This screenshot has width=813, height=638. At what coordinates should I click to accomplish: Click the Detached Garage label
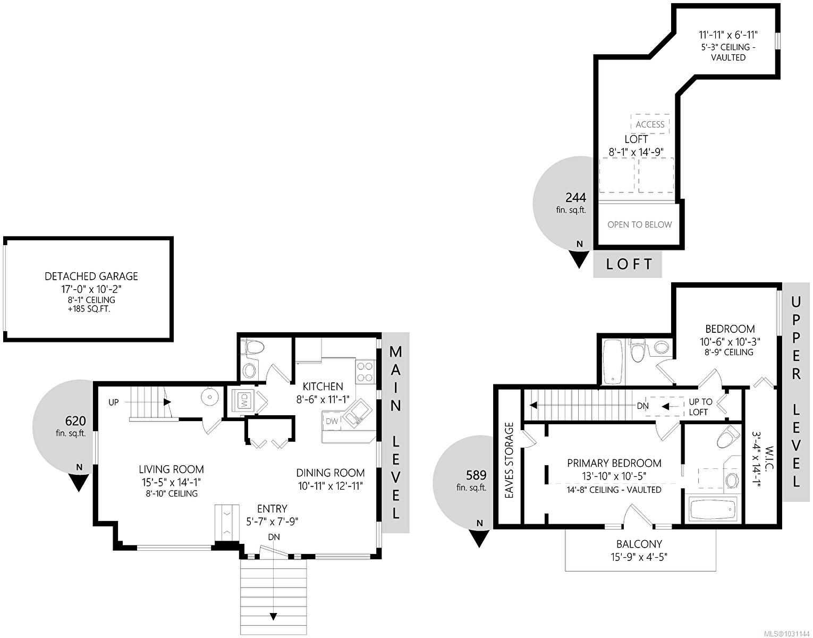click(x=91, y=276)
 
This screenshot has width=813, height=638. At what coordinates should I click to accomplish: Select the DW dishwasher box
click(x=332, y=421)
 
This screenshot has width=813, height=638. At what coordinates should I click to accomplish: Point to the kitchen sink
click(x=353, y=412)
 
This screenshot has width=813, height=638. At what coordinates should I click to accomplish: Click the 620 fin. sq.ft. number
click(x=75, y=422)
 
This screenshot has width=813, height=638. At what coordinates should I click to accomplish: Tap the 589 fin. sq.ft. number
click(x=476, y=475)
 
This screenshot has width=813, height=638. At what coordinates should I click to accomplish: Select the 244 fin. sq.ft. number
click(x=575, y=198)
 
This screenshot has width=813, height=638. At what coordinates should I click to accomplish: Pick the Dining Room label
click(x=330, y=473)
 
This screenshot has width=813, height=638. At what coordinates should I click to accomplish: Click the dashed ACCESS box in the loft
click(x=650, y=124)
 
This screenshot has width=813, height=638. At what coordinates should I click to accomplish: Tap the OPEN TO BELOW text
click(x=639, y=224)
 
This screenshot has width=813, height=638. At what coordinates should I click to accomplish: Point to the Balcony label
click(x=639, y=544)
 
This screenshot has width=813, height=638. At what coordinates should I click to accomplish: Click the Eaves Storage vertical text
click(x=509, y=460)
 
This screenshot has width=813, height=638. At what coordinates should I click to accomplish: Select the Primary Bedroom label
click(x=614, y=463)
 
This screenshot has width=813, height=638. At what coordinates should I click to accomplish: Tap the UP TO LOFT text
click(x=700, y=407)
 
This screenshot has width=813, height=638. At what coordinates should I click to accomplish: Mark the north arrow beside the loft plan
click(x=579, y=258)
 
